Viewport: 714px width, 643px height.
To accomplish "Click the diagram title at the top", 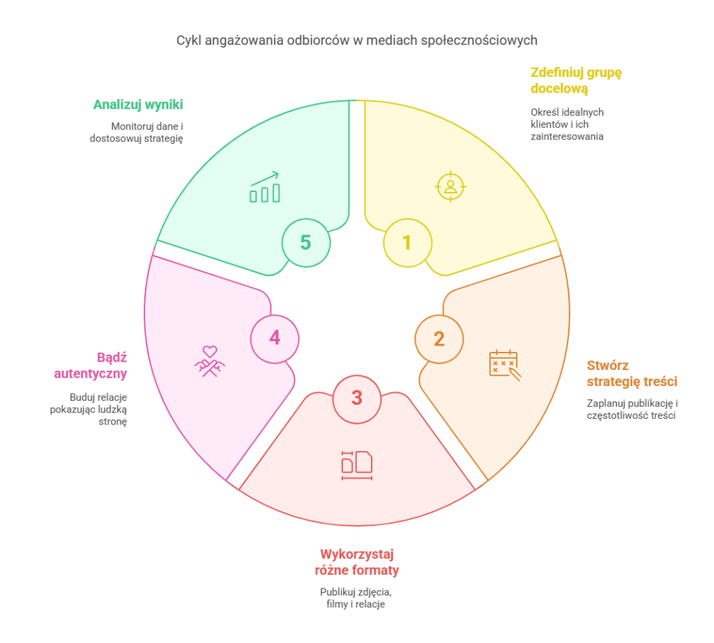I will click(356, 40).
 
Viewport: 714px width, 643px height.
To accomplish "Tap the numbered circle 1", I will click(407, 242).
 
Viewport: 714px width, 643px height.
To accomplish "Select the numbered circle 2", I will click(439, 339).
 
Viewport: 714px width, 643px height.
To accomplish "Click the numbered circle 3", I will click(357, 398).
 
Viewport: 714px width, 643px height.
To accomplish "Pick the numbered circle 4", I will click(275, 338).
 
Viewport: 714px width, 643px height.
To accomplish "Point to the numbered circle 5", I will click(305, 242).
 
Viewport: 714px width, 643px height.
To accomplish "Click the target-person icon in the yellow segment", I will click(450, 186).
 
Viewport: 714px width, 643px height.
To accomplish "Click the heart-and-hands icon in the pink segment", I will click(209, 361).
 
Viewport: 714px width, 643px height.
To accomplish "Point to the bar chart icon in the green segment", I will click(265, 188).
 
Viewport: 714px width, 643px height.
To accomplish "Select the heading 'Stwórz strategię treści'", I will click(632, 374).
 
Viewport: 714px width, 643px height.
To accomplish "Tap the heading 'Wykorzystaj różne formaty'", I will click(356, 562).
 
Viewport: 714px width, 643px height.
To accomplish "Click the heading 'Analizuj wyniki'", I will click(138, 105).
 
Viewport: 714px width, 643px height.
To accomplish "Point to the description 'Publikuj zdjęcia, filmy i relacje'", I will click(356, 598).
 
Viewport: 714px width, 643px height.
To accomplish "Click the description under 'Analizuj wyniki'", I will click(136, 133).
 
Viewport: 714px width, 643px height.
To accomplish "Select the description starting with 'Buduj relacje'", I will click(89, 410).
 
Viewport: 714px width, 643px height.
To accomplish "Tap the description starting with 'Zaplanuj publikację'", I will click(632, 409).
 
